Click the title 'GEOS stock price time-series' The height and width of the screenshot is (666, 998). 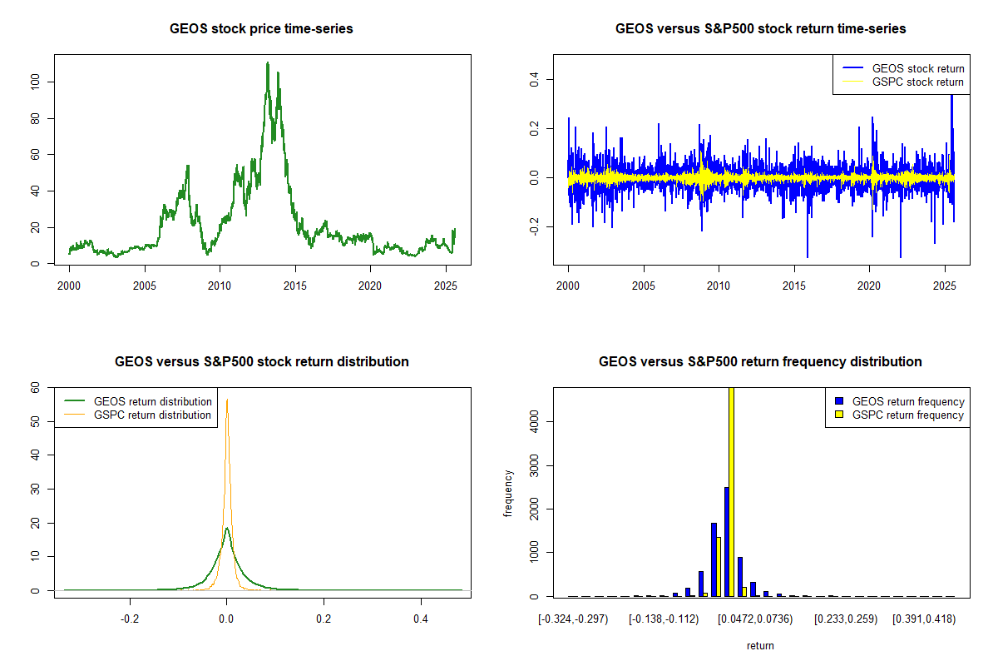point(261,29)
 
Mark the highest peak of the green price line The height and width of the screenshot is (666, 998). point(267,63)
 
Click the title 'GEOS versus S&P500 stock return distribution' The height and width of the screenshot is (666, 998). point(261,362)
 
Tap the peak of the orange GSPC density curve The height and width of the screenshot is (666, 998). point(227,400)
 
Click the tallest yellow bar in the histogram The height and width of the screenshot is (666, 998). point(731,491)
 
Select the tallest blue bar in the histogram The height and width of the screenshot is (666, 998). point(726,541)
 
